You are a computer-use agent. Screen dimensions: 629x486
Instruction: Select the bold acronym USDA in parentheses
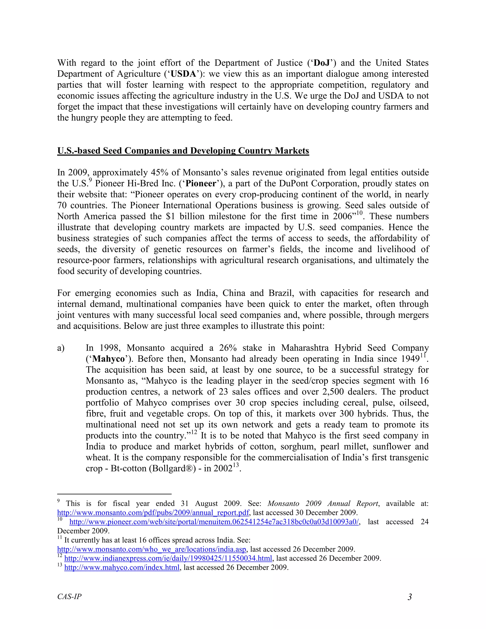183,74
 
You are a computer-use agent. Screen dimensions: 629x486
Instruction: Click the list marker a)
61,348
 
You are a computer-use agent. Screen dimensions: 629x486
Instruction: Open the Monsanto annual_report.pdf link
153,513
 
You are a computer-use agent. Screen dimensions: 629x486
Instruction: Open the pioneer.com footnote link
214,522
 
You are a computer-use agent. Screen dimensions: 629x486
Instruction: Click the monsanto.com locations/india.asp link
151,549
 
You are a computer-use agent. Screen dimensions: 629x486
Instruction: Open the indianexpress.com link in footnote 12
168,559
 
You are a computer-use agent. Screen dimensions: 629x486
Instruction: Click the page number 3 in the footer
409,597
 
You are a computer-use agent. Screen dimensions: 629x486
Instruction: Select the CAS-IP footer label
69,596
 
